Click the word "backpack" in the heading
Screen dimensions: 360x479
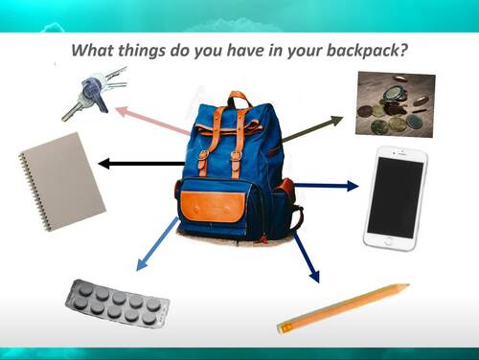[362, 50]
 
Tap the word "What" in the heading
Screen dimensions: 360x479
[99, 50]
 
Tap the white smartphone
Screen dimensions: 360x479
[394, 198]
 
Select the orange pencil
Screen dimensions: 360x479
[342, 307]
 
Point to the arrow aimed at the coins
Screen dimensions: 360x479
[311, 130]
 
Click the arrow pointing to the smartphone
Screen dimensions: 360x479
[325, 185]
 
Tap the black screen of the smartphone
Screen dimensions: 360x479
[395, 198]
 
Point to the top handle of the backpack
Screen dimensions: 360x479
[238, 98]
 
